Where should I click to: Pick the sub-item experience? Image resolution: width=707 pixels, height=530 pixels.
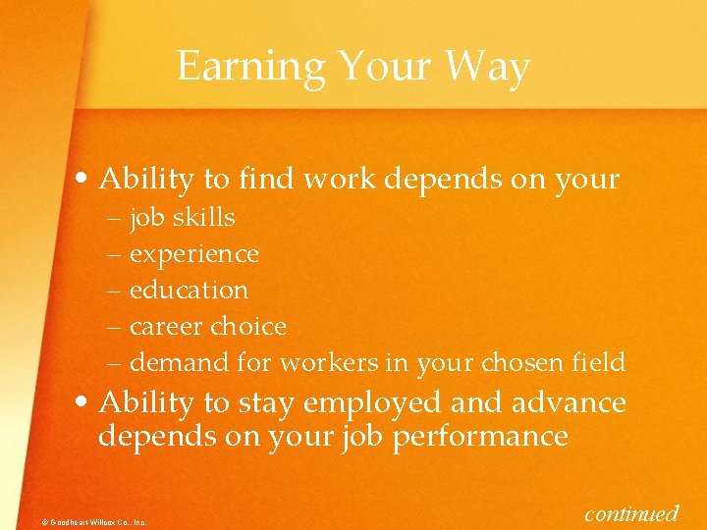point(194,254)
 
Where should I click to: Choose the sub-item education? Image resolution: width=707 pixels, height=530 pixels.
point(190,291)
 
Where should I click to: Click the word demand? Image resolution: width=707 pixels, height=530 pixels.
point(181,362)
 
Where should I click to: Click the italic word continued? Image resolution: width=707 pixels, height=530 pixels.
point(631,512)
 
